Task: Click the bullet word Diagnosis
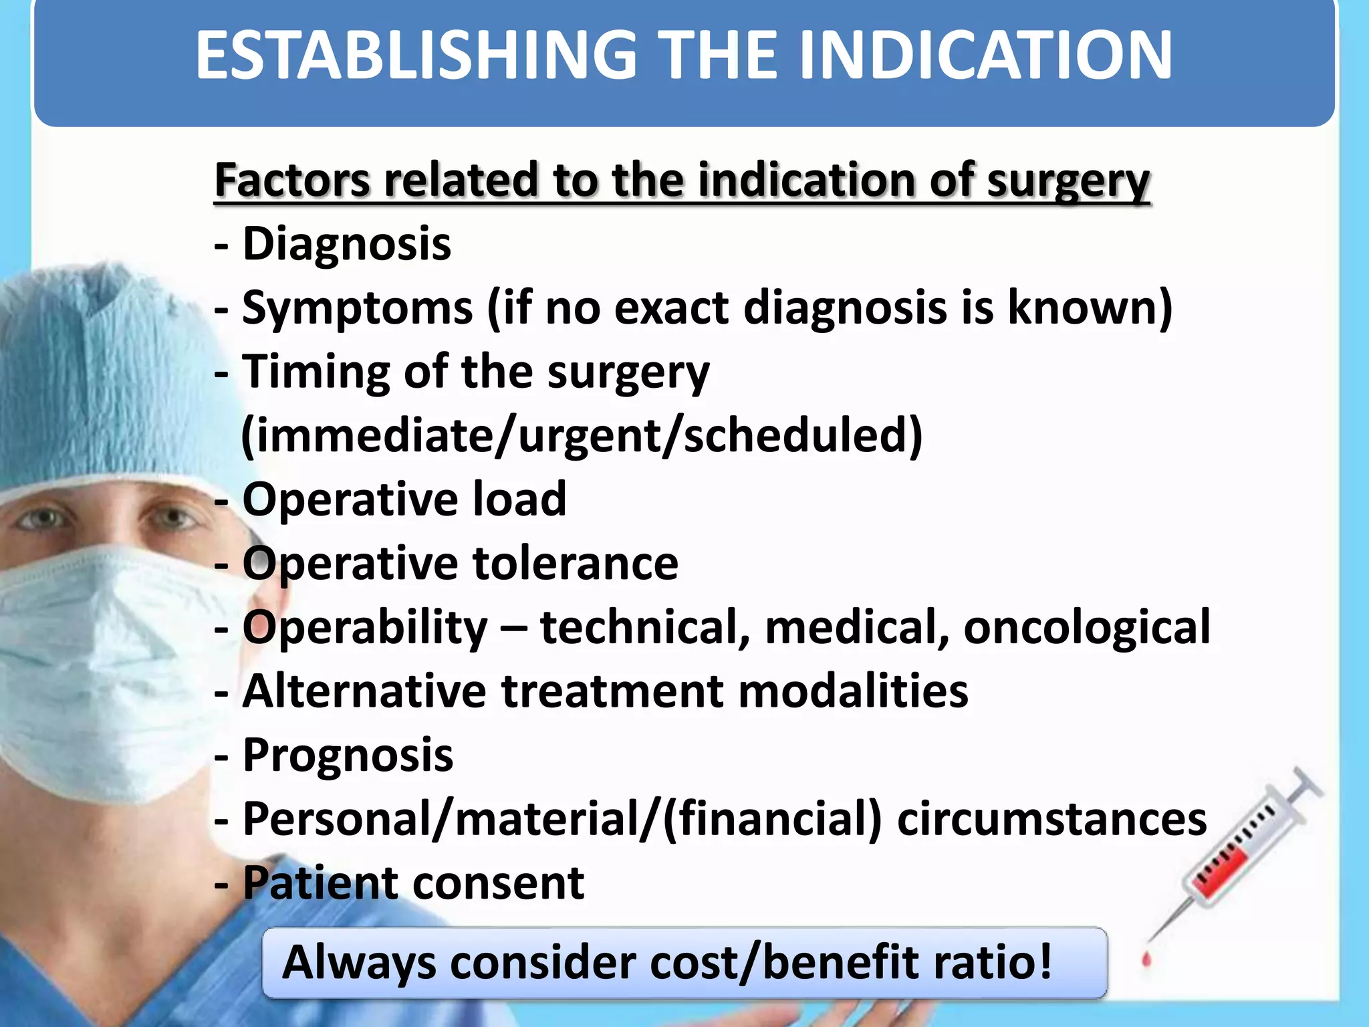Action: pyautogui.click(x=346, y=244)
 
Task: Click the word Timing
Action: pyautogui.click(x=316, y=372)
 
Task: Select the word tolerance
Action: pyautogui.click(x=576, y=564)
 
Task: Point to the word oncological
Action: pyautogui.click(x=1086, y=628)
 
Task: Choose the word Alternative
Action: pyautogui.click(x=364, y=691)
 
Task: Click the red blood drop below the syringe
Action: pyautogui.click(x=1147, y=960)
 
